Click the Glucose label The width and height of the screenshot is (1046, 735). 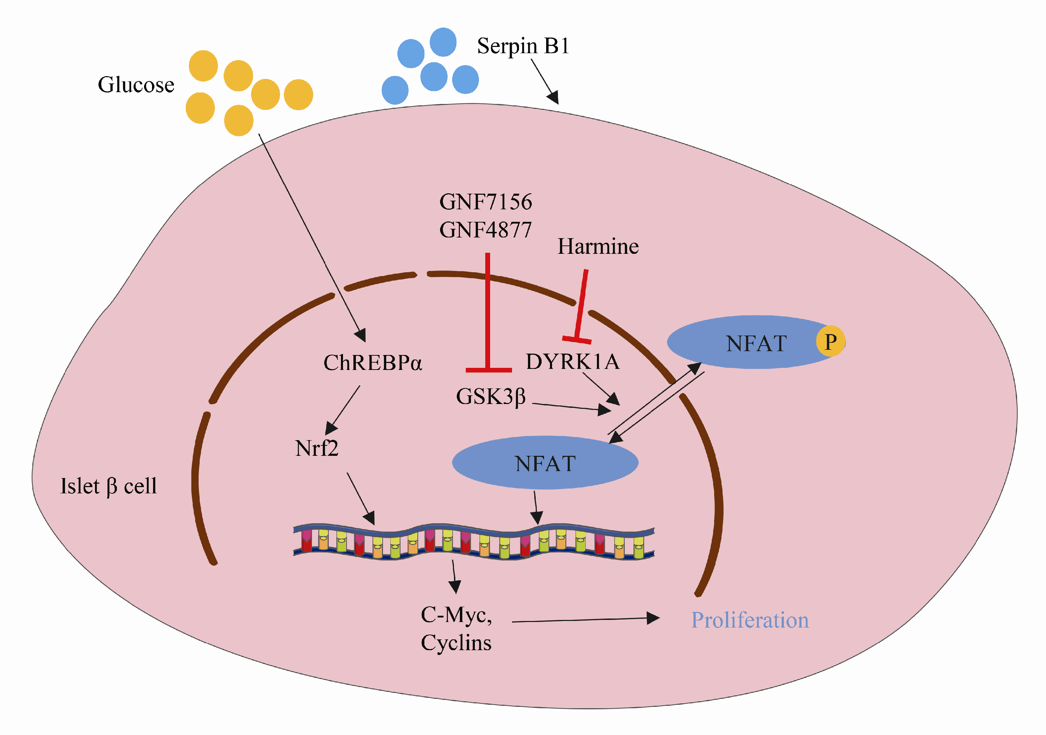click(136, 85)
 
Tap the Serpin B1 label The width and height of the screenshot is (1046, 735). click(523, 46)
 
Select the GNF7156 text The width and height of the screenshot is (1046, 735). click(486, 202)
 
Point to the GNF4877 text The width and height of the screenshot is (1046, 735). click(486, 230)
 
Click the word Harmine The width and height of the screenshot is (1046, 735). click(598, 247)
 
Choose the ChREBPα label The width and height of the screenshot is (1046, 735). click(373, 363)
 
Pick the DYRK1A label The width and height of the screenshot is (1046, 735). click(573, 362)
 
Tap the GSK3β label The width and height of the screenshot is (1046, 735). click(491, 397)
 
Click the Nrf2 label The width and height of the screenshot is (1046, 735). click(317, 448)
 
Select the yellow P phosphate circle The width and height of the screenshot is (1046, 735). click(830, 341)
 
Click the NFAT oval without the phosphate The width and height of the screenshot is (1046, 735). click(545, 463)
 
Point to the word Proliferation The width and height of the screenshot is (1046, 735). click(750, 620)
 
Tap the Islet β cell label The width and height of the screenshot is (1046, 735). click(109, 486)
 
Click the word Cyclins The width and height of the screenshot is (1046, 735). click(456, 643)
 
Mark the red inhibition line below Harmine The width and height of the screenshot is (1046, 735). click(581, 305)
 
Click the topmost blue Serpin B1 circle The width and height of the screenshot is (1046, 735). click(443, 42)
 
